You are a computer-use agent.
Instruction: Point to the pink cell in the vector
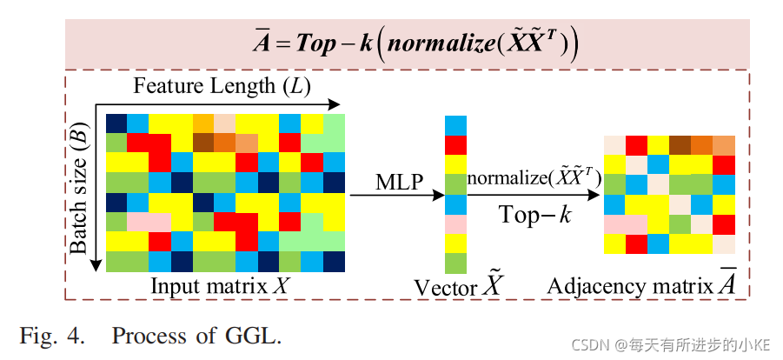click(455, 224)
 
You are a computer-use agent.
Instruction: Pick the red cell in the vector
click(455, 145)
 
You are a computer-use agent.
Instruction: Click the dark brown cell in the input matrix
click(202, 142)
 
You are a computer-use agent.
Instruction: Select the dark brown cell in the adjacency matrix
click(680, 145)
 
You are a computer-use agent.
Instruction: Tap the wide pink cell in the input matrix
click(149, 222)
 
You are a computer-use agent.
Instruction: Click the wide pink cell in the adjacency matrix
click(626, 224)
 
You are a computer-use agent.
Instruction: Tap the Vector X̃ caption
click(454, 285)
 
